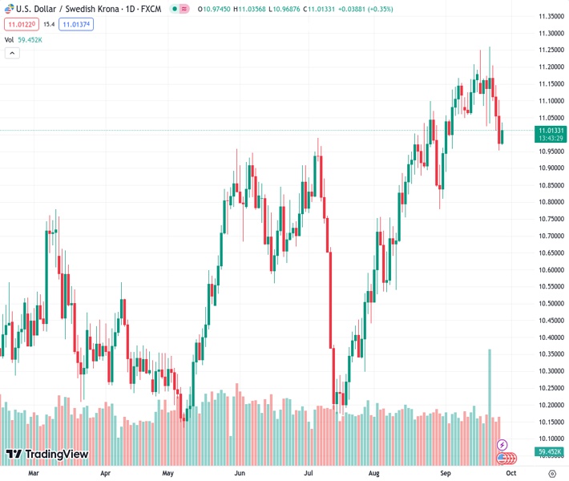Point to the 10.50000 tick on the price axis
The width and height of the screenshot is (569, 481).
coord(550,304)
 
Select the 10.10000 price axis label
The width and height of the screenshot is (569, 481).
coord(550,439)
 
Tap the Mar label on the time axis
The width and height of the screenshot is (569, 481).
coord(34,473)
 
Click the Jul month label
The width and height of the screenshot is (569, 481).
coord(309,473)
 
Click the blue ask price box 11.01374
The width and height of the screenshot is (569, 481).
coord(76,25)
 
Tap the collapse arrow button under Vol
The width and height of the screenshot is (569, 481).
coord(12,53)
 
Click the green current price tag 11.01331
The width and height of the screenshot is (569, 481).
coord(551,130)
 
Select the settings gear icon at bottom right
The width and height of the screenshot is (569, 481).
coord(551,473)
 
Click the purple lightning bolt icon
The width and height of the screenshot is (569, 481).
coord(502,444)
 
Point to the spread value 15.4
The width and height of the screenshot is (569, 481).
coord(49,25)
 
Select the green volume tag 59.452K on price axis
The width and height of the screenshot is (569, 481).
coord(551,452)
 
